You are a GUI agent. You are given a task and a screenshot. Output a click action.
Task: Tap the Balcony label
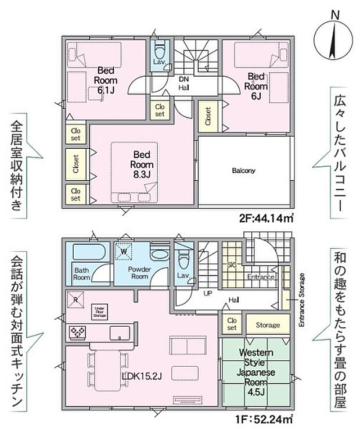point(244,171)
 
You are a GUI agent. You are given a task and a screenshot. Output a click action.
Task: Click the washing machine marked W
point(124,251)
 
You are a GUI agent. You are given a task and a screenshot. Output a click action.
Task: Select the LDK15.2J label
point(142,376)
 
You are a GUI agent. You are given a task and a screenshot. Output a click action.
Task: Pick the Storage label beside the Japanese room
point(268,325)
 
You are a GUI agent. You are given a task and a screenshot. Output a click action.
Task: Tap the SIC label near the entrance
point(231,264)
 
